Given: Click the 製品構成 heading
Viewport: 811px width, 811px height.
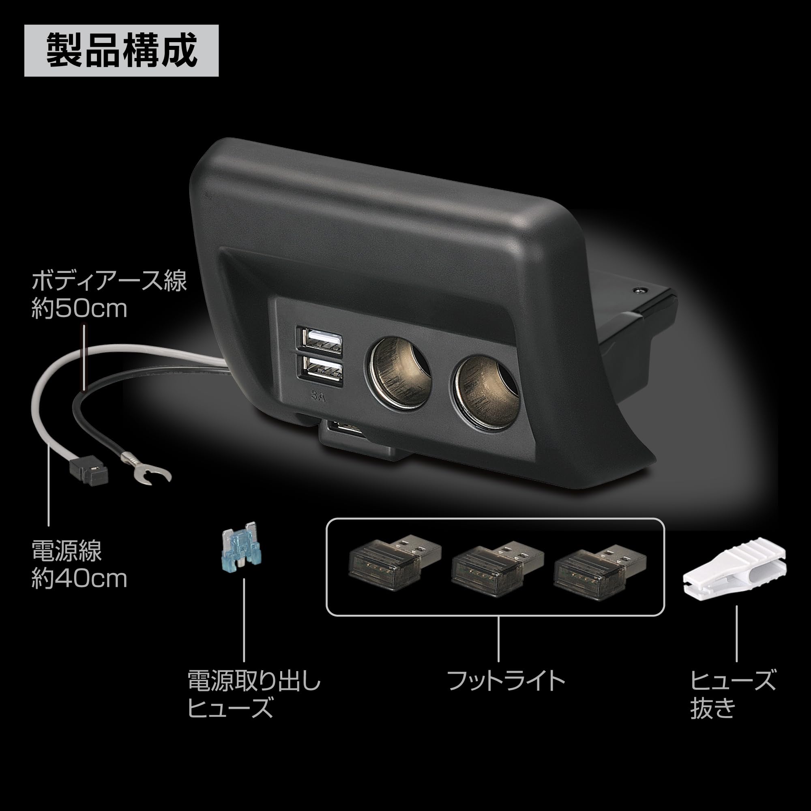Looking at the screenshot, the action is pos(121,51).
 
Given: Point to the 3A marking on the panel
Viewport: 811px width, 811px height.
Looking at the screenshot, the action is pos(318,396).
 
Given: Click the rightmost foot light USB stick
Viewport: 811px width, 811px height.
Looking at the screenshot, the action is pos(600,568).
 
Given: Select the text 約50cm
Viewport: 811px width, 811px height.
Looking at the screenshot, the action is pos(79,309).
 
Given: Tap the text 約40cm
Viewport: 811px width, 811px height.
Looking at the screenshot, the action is pos(79,579).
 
